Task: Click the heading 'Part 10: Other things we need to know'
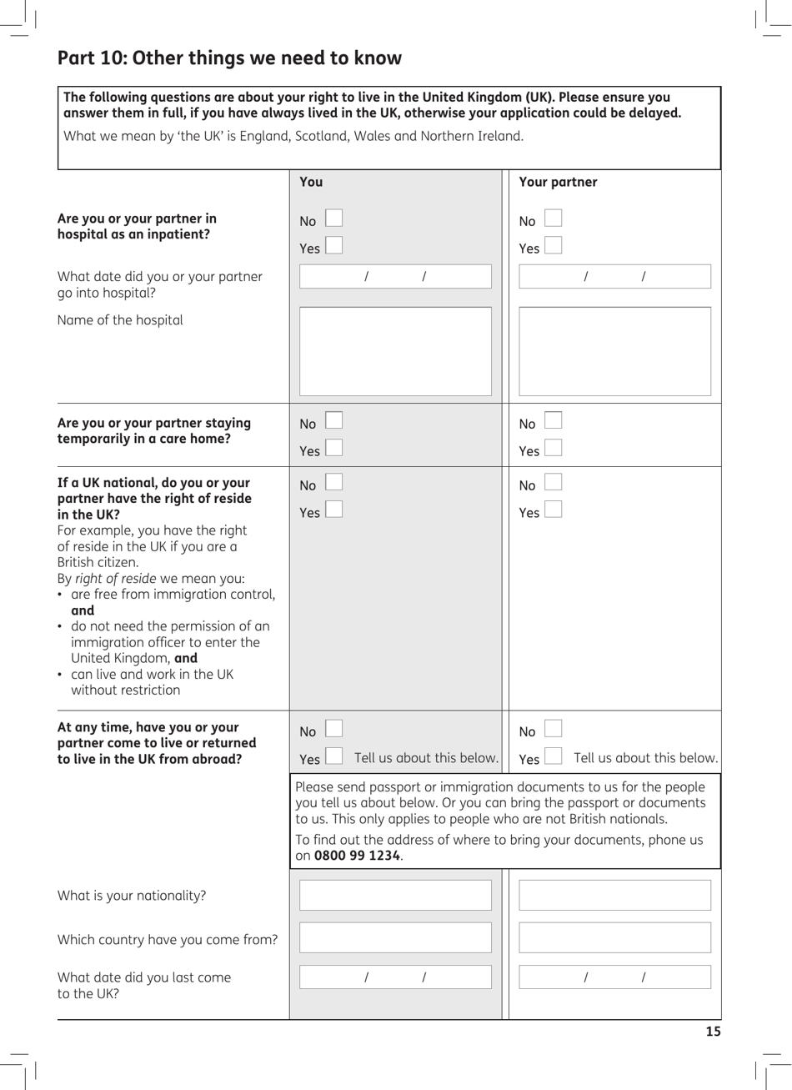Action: [229, 58]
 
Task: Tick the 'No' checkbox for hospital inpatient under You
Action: [333, 219]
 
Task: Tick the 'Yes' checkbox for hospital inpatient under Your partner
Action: [553, 246]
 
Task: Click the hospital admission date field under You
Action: [395, 277]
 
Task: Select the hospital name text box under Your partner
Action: [614, 351]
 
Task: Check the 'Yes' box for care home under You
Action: [333, 449]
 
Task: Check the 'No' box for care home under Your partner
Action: [553, 421]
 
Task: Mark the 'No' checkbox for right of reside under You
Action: [333, 483]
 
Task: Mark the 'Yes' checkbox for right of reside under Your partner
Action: [553, 510]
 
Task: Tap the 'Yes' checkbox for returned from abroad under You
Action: [333, 756]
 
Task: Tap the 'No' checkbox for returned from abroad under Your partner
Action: [553, 730]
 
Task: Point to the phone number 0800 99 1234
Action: [357, 856]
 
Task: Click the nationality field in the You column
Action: [395, 895]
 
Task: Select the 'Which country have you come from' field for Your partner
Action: [614, 937]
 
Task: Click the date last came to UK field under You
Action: [395, 977]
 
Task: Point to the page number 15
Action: [713, 1032]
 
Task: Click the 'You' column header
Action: [311, 182]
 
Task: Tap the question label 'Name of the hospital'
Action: [120, 320]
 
